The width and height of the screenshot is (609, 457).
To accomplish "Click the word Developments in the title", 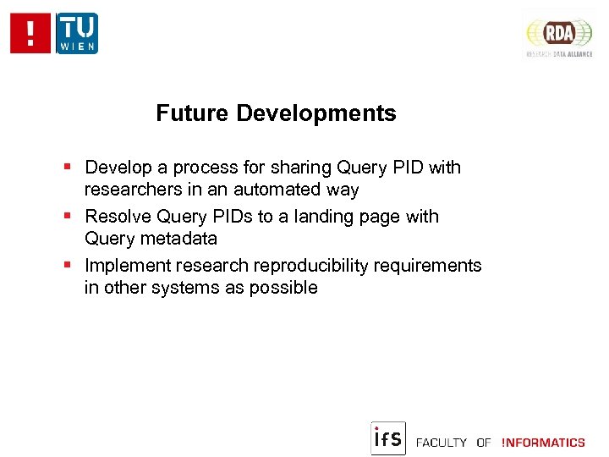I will (x=316, y=113).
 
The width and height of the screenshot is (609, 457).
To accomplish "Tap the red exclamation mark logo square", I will (x=31, y=34).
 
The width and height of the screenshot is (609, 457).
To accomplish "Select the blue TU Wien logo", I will (x=77, y=34).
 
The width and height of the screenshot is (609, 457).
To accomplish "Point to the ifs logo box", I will (x=388, y=438).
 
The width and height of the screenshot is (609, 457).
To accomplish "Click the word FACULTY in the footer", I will (x=442, y=443).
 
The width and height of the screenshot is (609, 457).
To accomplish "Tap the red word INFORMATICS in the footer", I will (x=543, y=443).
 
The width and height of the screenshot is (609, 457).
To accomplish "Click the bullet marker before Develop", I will (x=68, y=168).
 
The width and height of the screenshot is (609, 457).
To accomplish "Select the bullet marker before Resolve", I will (x=68, y=217).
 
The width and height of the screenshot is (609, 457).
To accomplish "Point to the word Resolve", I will (x=118, y=217).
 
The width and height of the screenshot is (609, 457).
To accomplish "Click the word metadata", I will (x=178, y=239).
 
